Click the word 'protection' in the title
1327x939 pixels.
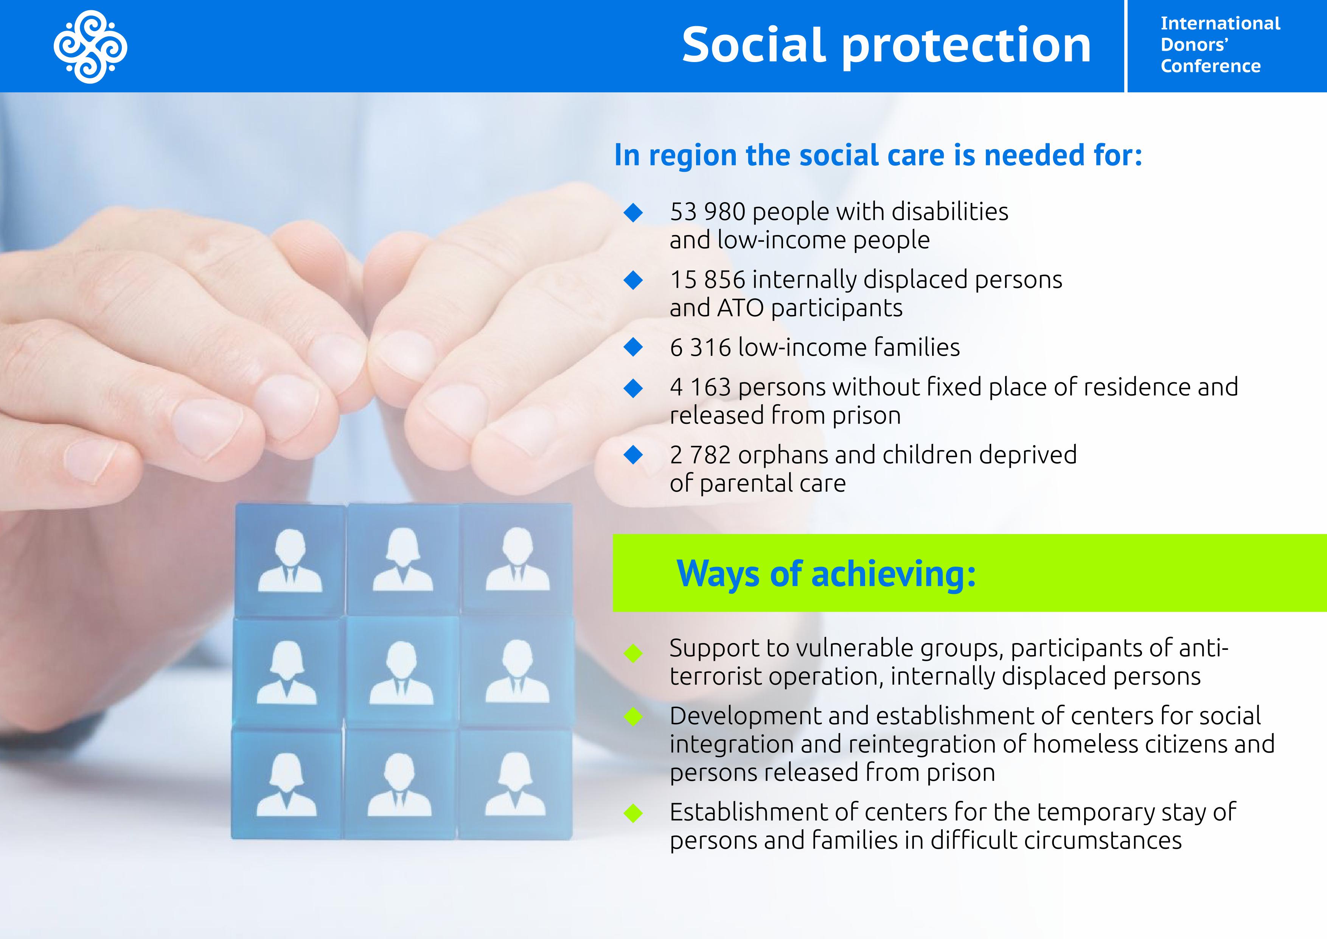(x=967, y=46)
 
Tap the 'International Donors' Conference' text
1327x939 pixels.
(x=1220, y=45)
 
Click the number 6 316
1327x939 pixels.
(x=700, y=347)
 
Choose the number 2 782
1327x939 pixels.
(x=700, y=455)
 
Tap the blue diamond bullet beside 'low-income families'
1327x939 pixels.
(x=634, y=347)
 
